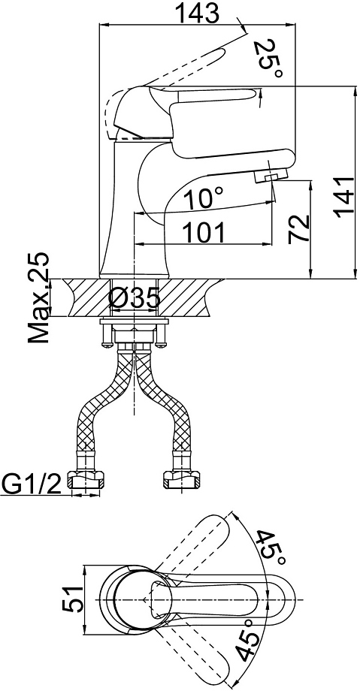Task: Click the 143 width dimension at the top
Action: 197,13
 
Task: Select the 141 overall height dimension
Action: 343,198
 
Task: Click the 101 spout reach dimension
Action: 204,232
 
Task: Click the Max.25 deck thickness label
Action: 38,299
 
